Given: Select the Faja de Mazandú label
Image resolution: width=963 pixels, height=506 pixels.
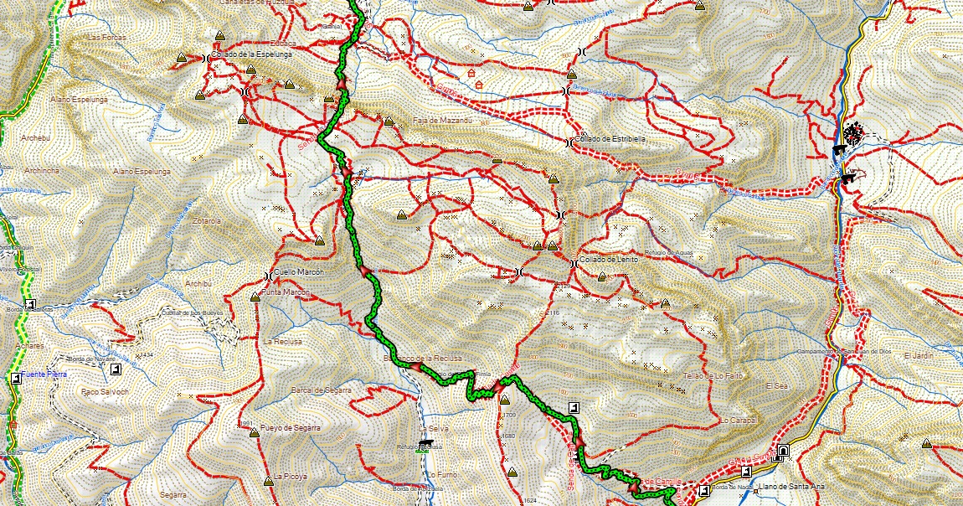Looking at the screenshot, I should pyautogui.click(x=443, y=121).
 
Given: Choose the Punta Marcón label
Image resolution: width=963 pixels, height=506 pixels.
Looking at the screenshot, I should pyautogui.click(x=286, y=292).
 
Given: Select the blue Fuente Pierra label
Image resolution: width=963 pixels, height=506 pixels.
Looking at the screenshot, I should pyautogui.click(x=44, y=374).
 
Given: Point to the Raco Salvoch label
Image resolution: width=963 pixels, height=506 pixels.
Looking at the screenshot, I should pyautogui.click(x=101, y=391).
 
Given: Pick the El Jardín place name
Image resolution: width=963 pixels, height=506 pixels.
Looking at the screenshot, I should pyautogui.click(x=918, y=357).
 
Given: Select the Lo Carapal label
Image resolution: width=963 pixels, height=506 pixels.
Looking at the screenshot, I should pyautogui.click(x=738, y=420).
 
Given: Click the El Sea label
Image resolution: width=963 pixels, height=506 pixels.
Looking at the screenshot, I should pyautogui.click(x=775, y=385).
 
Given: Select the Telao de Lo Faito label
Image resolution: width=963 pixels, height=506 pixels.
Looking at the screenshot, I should pyautogui.click(x=713, y=375).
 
